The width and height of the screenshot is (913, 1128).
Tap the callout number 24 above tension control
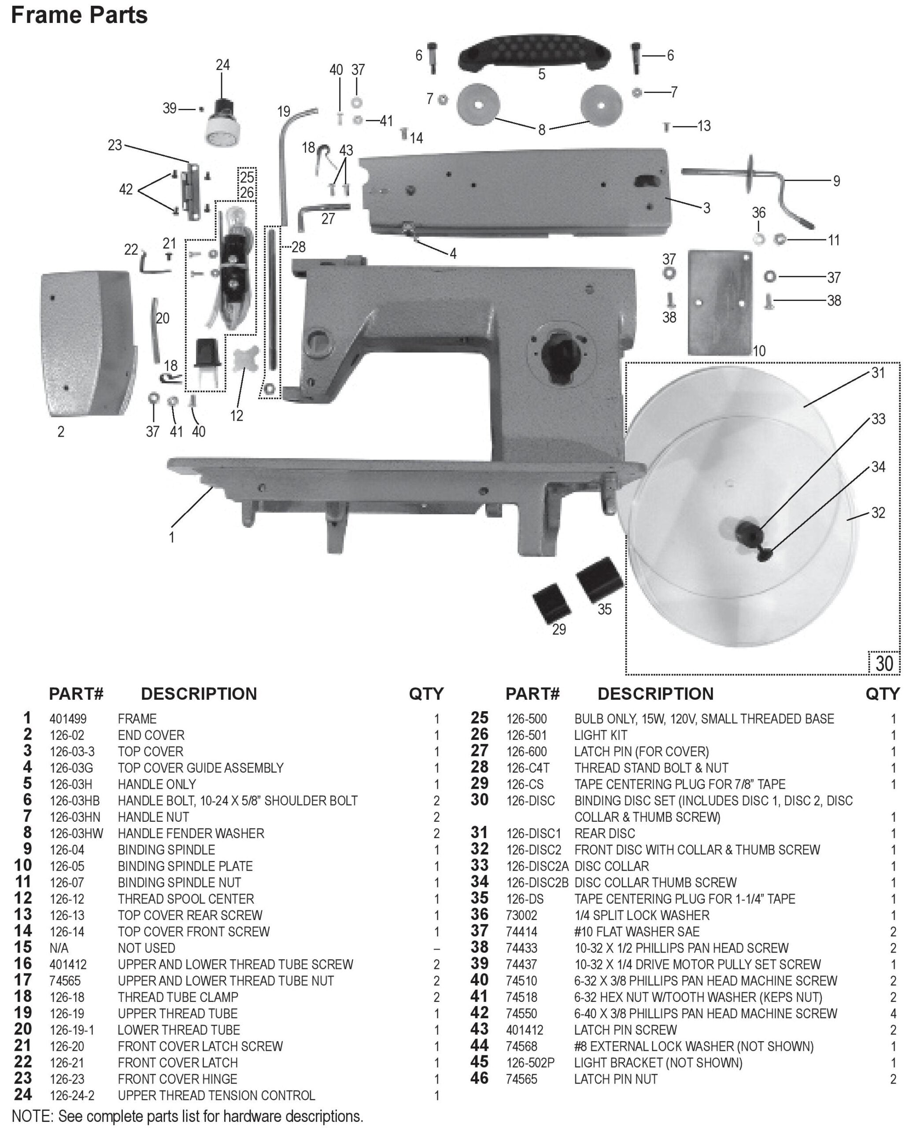tap(222, 65)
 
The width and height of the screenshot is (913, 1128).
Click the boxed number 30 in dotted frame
tap(884, 664)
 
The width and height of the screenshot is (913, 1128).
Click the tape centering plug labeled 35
tap(599, 579)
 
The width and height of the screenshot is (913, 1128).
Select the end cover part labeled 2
tap(87, 343)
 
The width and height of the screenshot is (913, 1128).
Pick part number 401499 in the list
tap(68, 719)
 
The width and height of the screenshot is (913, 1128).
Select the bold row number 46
tap(479, 1079)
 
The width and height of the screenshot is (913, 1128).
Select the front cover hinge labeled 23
tap(192, 192)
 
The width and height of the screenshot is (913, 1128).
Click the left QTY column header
tap(426, 694)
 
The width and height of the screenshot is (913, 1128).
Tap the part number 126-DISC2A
tap(537, 866)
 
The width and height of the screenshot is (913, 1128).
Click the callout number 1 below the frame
tap(171, 537)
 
